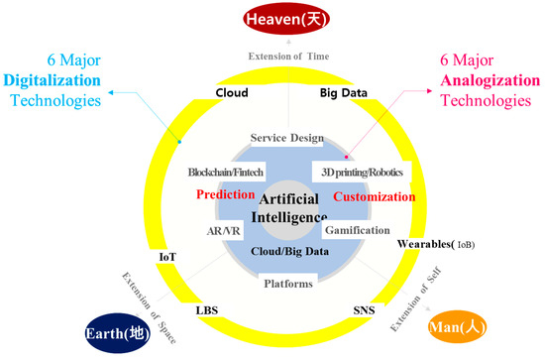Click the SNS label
coord(365,310)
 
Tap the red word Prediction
coord(226,196)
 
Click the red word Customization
coord(374,196)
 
